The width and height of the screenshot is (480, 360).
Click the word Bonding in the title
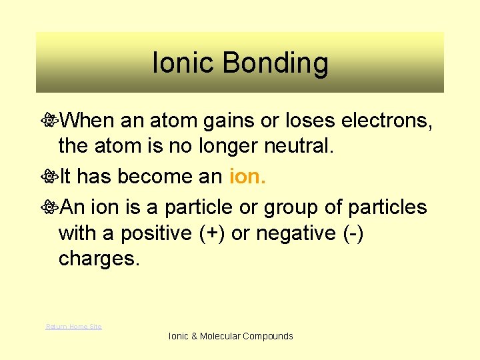point(275,64)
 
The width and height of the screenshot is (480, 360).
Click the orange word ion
point(247,176)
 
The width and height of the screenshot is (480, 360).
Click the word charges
point(99,259)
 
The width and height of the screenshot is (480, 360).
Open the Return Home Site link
point(73,326)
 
